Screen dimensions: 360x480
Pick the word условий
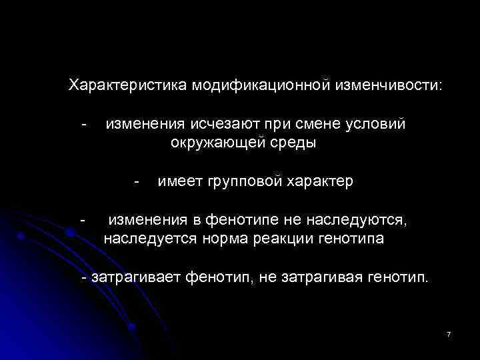pos(377,125)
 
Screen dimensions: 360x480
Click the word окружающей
pos(213,143)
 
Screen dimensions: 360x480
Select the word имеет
pos(180,181)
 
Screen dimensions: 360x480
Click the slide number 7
pos(449,333)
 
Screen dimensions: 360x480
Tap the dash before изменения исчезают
pos(84,125)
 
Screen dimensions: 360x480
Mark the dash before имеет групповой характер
pos(137,181)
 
